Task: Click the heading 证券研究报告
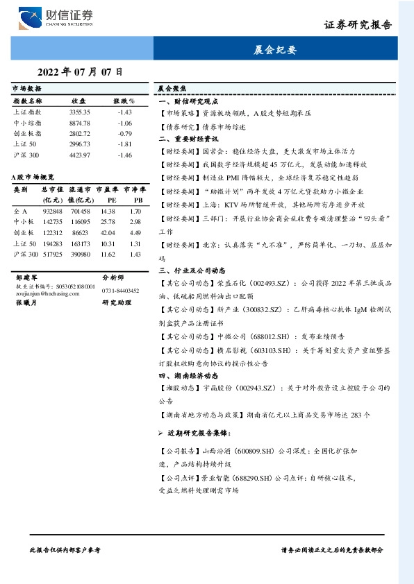click(358, 26)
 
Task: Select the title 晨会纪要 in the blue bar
click(281, 50)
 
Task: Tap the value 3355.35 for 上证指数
click(80, 112)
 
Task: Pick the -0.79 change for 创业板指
click(125, 132)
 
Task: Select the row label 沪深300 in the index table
click(26, 154)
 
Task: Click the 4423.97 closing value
click(80, 154)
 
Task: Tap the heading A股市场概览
click(33, 178)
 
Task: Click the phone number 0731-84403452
click(120, 291)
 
